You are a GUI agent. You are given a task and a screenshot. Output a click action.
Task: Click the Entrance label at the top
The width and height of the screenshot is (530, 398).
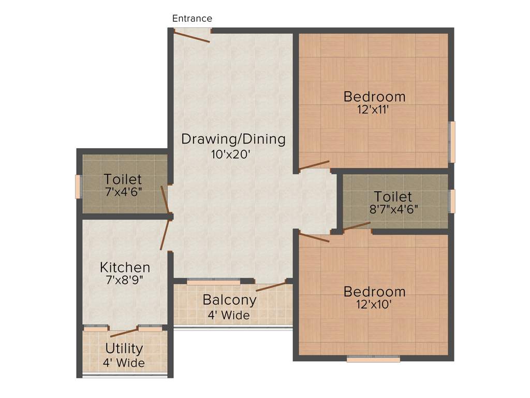click(x=192, y=19)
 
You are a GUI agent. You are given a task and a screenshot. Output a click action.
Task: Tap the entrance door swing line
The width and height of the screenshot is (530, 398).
click(x=192, y=37)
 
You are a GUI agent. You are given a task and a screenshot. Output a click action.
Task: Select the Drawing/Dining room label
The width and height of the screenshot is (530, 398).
click(x=233, y=139)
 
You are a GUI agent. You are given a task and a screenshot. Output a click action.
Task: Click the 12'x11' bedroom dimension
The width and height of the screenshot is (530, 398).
click(x=373, y=110)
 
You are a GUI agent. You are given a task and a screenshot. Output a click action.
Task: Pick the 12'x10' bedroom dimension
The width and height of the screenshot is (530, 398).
click(x=373, y=304)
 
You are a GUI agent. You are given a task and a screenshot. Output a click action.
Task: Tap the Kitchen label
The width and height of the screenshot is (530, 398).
click(x=125, y=267)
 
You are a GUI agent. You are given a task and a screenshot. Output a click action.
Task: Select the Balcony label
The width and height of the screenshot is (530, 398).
click(x=229, y=300)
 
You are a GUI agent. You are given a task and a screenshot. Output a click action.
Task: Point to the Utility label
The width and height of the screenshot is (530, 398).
click(x=124, y=348)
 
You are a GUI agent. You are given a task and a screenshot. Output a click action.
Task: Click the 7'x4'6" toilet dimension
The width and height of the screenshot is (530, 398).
click(x=123, y=192)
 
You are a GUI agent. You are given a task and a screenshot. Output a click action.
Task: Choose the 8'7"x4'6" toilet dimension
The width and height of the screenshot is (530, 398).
click(x=394, y=209)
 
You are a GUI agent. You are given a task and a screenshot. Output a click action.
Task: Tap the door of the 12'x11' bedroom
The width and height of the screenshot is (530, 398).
click(x=315, y=165)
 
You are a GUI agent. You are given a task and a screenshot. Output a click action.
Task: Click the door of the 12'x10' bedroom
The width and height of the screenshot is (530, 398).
click(x=314, y=238)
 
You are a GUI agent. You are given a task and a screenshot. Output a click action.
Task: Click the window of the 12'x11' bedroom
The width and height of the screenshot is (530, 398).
click(x=452, y=141)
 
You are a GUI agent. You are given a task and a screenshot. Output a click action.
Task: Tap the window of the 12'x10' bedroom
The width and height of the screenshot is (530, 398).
click(x=373, y=359)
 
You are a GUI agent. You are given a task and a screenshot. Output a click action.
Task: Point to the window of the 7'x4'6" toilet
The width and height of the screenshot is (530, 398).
click(x=79, y=187)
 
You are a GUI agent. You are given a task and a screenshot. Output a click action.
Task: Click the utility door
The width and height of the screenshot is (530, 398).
click(x=124, y=333)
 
